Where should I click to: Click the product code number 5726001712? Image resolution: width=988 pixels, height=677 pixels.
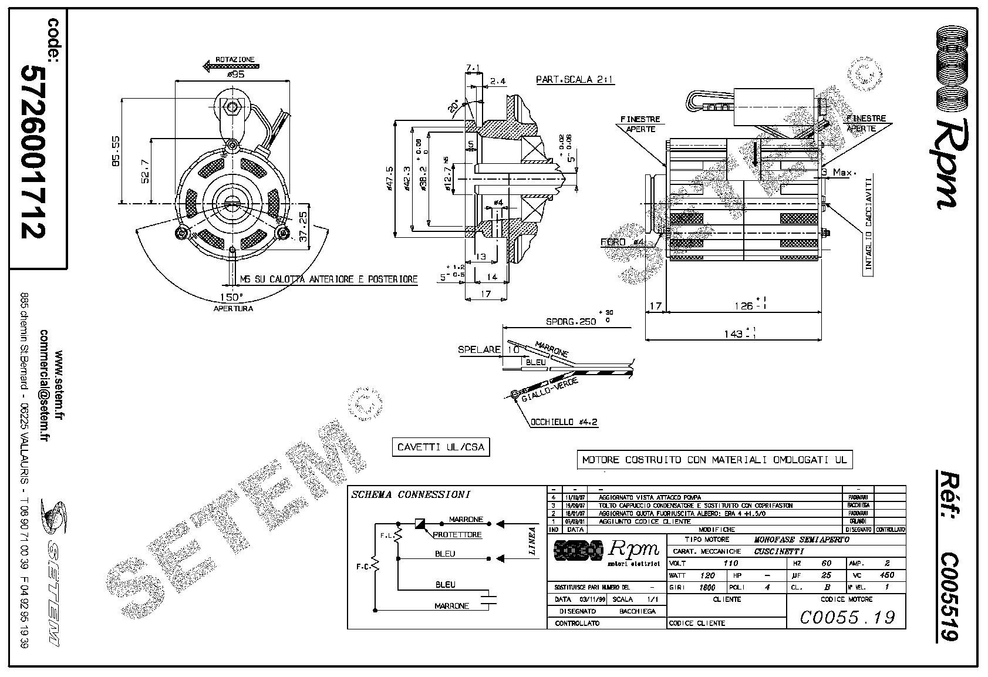[x=33, y=151]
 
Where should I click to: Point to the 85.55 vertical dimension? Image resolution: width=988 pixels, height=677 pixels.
[x=116, y=151]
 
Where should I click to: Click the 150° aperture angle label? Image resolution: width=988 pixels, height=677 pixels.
[x=231, y=297]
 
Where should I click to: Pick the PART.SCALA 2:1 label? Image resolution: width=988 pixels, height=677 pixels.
[x=575, y=80]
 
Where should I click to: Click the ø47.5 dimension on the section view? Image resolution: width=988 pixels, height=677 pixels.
[x=389, y=179]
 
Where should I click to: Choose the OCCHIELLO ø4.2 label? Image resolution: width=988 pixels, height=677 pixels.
[x=564, y=422]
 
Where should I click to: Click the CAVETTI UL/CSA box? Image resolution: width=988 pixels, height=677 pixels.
[x=440, y=447]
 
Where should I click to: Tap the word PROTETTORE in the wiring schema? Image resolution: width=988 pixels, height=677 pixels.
[x=457, y=534]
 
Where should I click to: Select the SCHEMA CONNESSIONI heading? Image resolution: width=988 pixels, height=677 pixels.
[x=410, y=494]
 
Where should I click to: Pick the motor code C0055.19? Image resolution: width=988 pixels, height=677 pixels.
[x=847, y=617]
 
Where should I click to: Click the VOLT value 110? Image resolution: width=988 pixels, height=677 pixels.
[x=730, y=563]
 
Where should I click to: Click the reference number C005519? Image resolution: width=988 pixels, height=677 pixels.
[x=946, y=597]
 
